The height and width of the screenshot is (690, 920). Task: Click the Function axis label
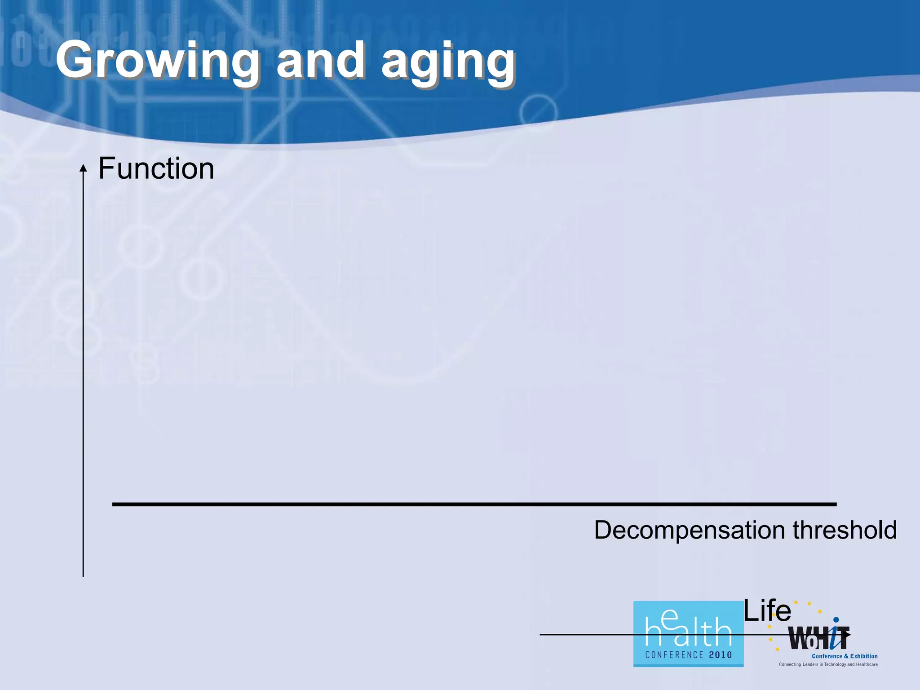(x=156, y=168)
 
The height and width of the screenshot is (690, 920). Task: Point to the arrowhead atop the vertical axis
(x=83, y=168)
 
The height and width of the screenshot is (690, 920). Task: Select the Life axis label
(x=767, y=611)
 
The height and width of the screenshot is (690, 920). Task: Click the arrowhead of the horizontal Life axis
(x=847, y=635)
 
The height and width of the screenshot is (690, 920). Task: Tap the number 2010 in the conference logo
(x=721, y=655)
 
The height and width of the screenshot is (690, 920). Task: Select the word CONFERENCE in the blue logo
(x=674, y=655)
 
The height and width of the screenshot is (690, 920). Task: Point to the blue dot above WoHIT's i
(x=836, y=619)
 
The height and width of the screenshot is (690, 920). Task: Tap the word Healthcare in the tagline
(x=867, y=664)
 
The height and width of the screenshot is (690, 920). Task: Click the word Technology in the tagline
(x=835, y=664)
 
